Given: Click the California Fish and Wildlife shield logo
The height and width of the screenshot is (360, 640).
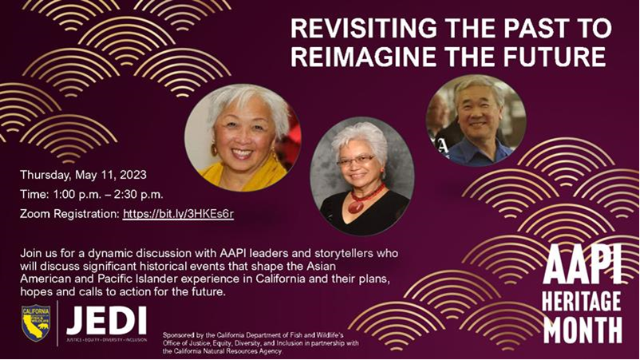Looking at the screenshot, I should click(x=35, y=322).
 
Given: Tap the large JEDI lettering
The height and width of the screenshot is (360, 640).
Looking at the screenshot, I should click(x=106, y=318).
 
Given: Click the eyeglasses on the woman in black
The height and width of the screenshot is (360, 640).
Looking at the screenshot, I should click(x=355, y=160).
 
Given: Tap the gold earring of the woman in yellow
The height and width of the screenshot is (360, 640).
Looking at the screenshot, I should click(x=214, y=149).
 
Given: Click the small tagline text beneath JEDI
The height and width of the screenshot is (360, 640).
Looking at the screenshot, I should click(x=106, y=339).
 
